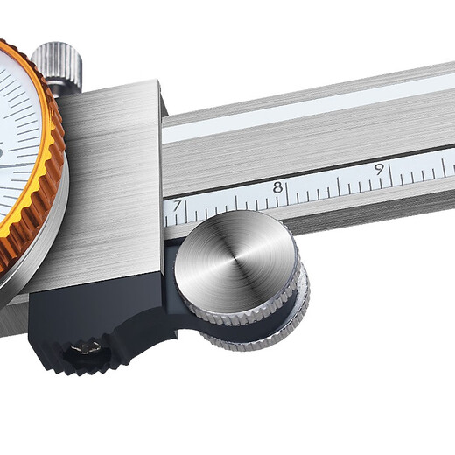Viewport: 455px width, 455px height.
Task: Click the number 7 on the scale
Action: (178, 206)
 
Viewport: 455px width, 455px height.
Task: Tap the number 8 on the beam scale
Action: (277, 186)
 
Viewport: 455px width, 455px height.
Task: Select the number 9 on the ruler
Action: (379, 168)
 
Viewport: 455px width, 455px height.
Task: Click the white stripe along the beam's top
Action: (306, 109)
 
